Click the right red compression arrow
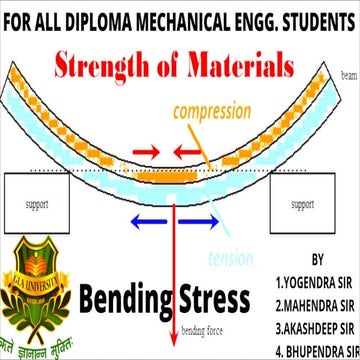[189, 153]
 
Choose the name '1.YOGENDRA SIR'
[316, 279]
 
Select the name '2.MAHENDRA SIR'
[316, 303]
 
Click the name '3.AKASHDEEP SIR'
[316, 328]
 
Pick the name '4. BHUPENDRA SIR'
[316, 351]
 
